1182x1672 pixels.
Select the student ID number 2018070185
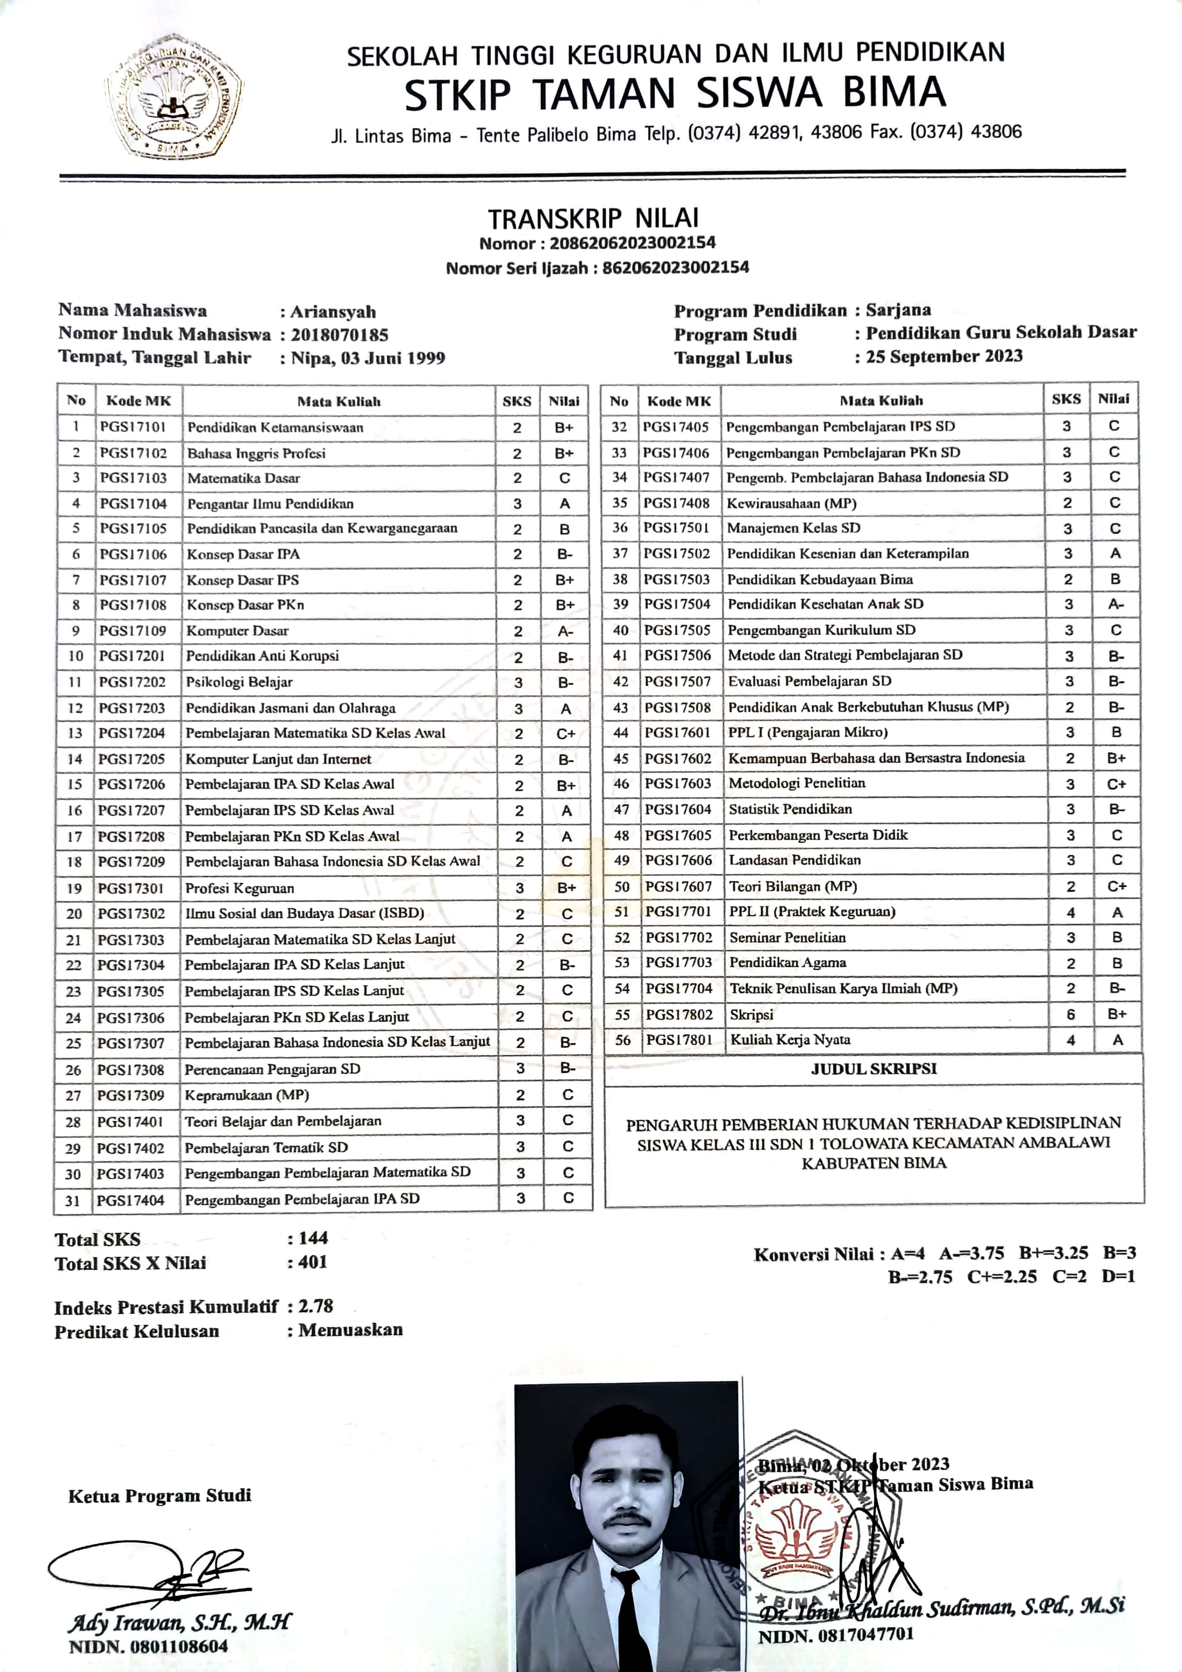click(x=340, y=335)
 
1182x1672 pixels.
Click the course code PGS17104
click(x=133, y=504)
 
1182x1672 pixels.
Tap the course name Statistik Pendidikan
click(x=790, y=809)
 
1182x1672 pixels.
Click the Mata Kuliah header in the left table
click(x=339, y=401)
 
